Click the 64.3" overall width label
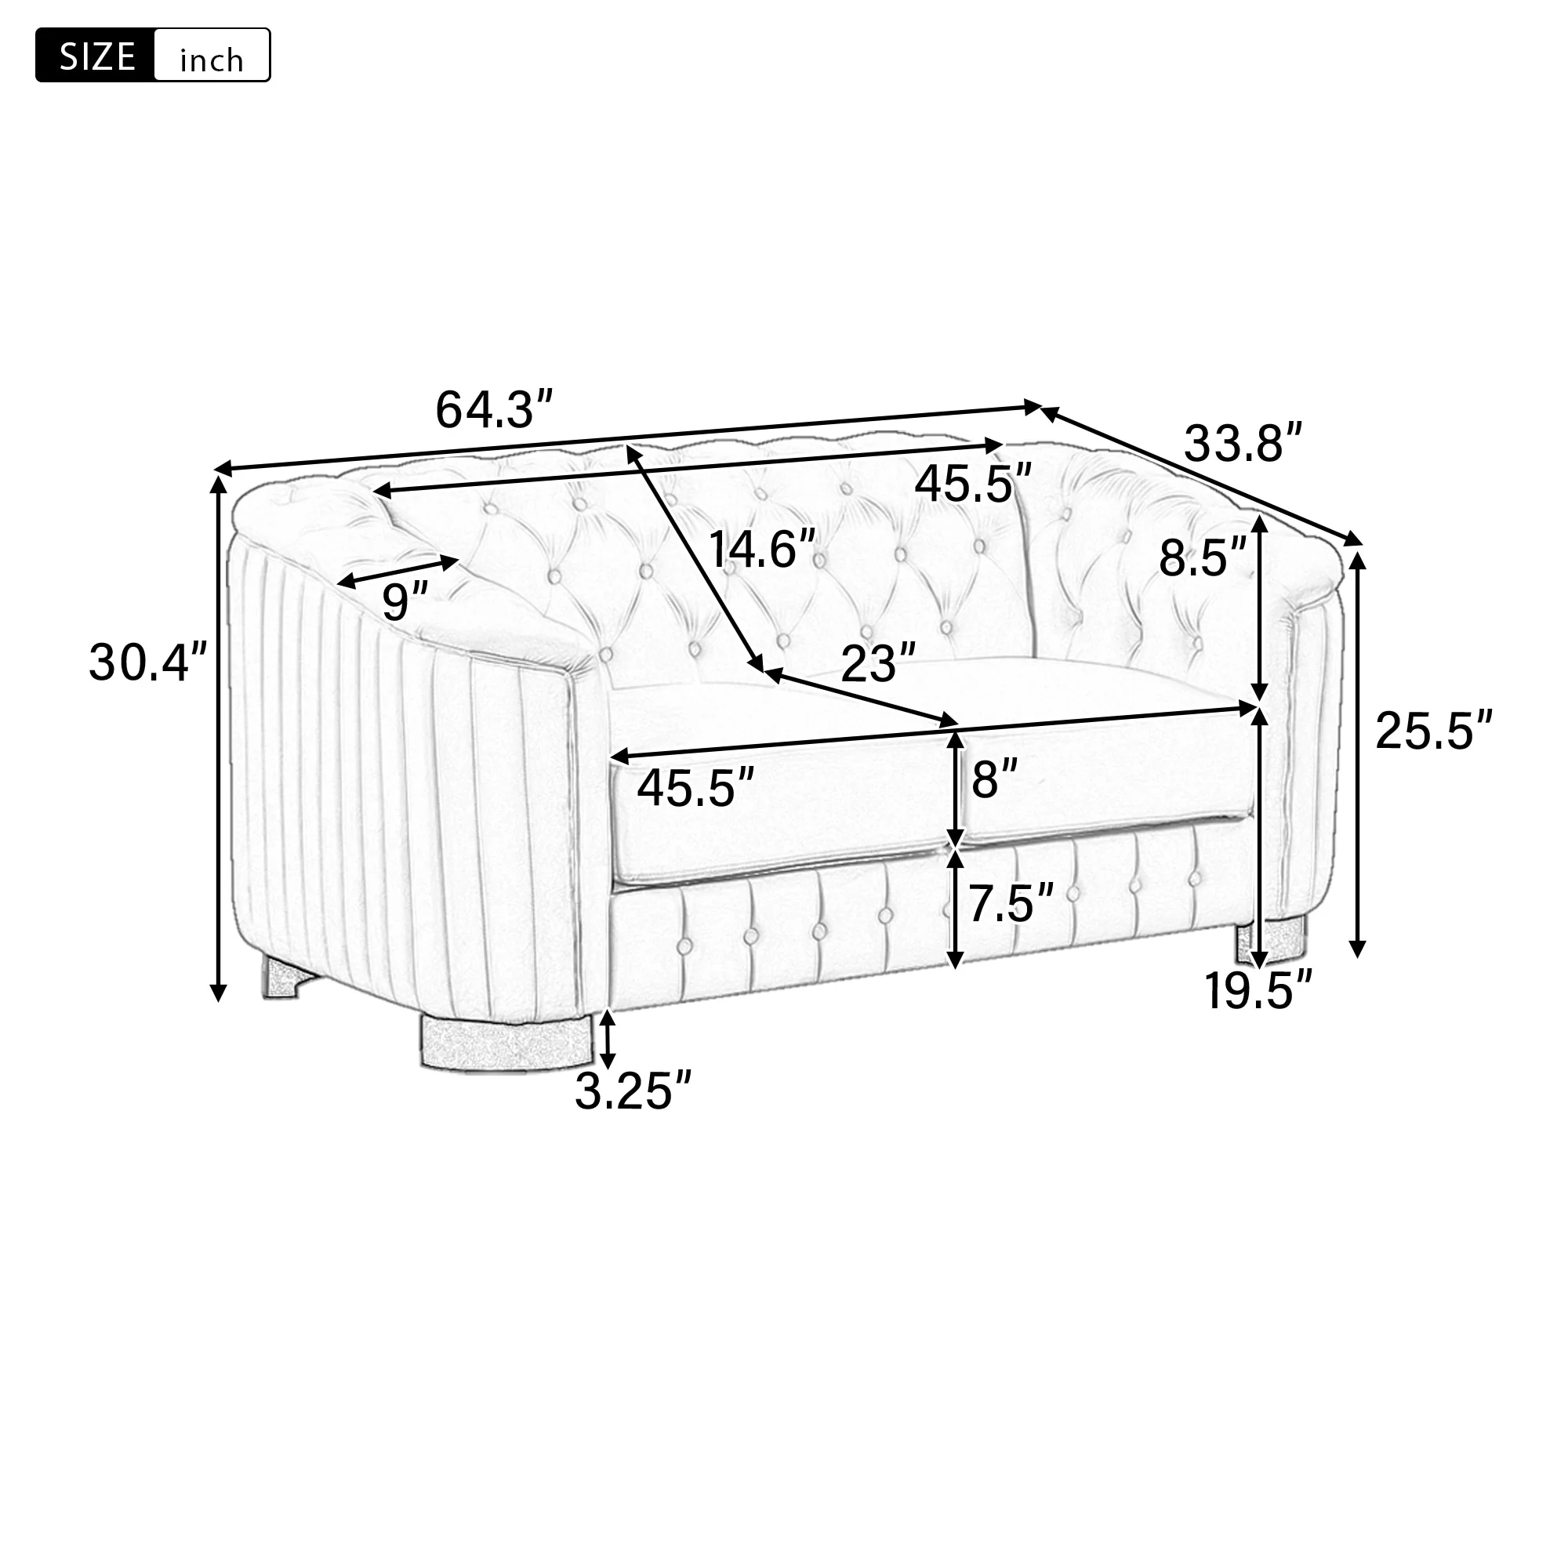pyautogui.click(x=494, y=410)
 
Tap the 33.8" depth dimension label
pyautogui.click(x=1243, y=443)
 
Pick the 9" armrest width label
pyautogui.click(x=405, y=601)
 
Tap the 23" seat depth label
pyautogui.click(x=878, y=663)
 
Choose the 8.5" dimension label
pyautogui.click(x=1202, y=557)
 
